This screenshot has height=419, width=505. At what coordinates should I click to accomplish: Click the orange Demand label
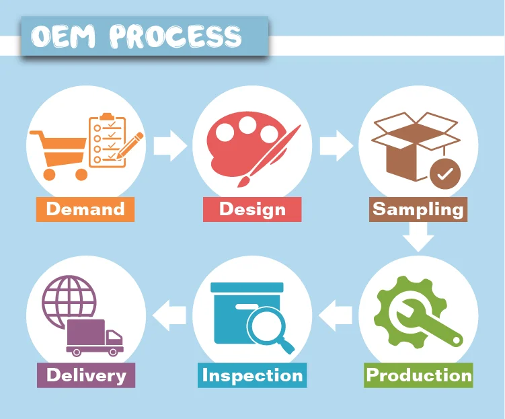coord(85,209)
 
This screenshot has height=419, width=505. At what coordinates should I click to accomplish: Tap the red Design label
coord(252,209)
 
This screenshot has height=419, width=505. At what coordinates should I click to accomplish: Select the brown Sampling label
coord(418,209)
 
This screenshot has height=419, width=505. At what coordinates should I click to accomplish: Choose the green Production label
coord(419,375)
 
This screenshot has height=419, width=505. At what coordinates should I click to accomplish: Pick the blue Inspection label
coord(252,375)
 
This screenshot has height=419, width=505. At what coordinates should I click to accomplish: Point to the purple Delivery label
coord(86,375)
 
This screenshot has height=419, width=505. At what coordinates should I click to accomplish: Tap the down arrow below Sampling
coord(418,235)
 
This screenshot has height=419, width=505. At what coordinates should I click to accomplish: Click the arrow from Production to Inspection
coord(335,313)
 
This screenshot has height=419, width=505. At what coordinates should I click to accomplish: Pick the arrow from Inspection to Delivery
coord(169,313)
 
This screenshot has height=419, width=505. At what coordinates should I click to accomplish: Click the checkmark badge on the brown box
coord(445,174)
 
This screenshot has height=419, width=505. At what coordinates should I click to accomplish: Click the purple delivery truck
coord(94,337)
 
